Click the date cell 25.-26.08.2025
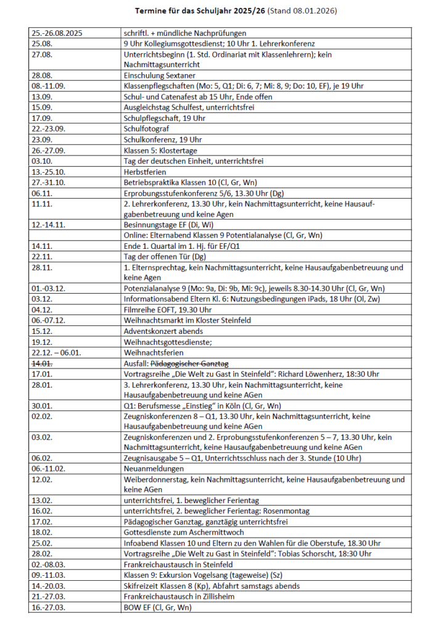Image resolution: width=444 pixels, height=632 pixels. (x=57, y=33)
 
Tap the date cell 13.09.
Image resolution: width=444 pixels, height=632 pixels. (x=41, y=97)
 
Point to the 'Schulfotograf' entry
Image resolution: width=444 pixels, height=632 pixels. (x=146, y=129)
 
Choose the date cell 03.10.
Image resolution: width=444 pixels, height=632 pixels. (x=41, y=161)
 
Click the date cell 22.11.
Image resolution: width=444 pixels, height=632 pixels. (x=41, y=256)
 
